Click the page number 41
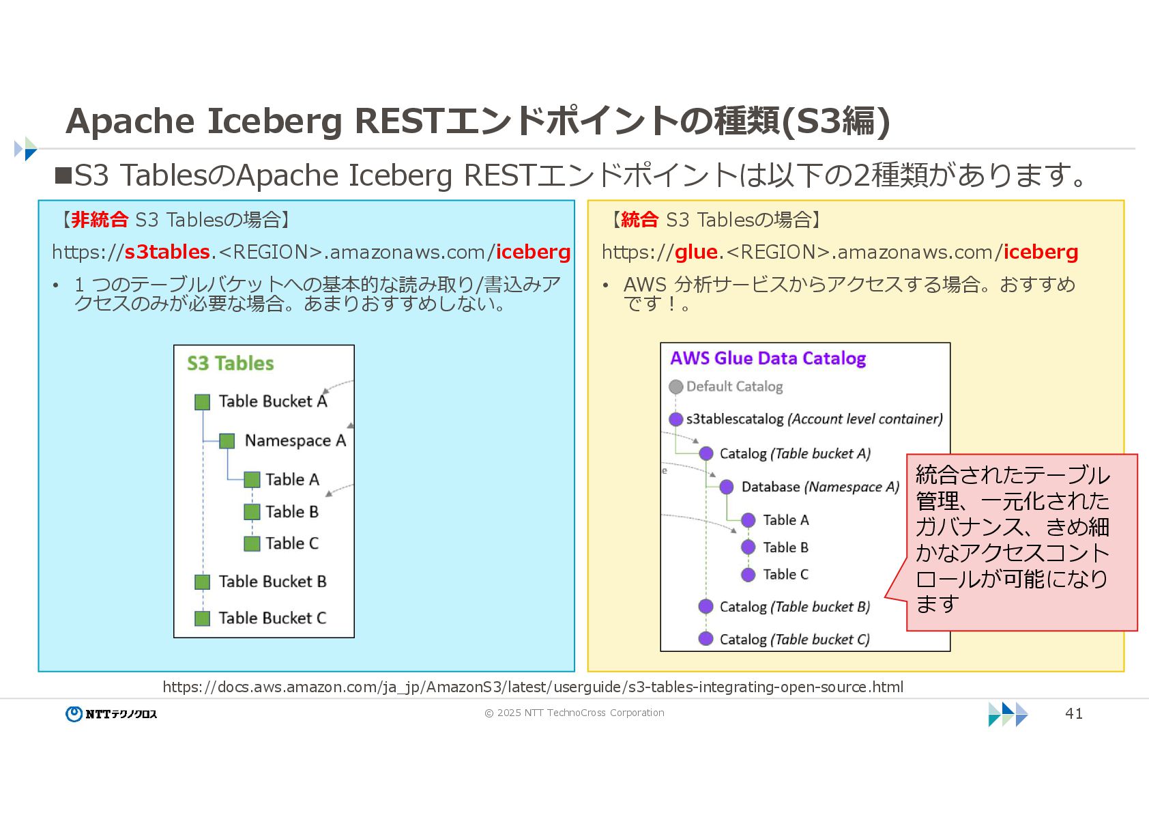[1073, 713]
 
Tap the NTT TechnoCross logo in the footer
[112, 714]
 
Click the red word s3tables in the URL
[166, 252]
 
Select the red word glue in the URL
[696, 252]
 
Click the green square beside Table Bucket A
[202, 402]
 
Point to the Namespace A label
[295, 441]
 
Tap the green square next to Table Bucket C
[202, 618]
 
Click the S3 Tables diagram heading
[231, 363]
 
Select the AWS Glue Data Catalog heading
[768, 358]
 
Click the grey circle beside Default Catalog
[675, 387]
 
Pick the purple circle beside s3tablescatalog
[675, 419]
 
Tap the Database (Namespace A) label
[820, 487]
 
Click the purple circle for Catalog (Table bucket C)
[706, 639]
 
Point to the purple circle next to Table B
[748, 547]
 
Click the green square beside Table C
[252, 543]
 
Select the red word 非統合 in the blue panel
[100, 219]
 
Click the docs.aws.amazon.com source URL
[532, 687]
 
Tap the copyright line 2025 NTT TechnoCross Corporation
[574, 713]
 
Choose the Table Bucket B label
[272, 582]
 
